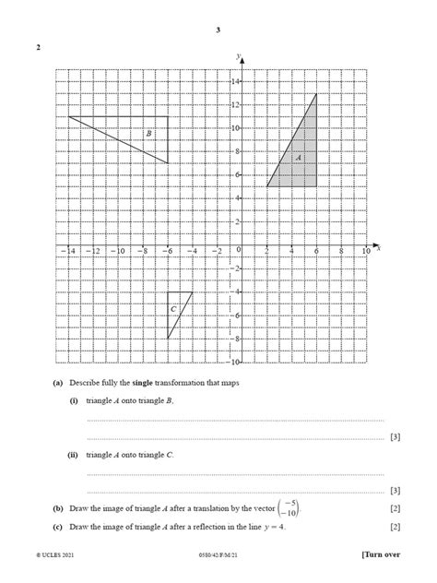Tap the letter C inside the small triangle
pyautogui.click(x=173, y=308)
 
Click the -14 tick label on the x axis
pyautogui.click(x=67, y=250)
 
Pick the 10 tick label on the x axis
pyautogui.click(x=366, y=250)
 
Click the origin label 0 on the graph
pyautogui.click(x=237, y=250)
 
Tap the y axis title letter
pyautogui.click(x=237, y=56)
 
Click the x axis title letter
pyautogui.click(x=378, y=247)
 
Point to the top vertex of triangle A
pyautogui.click(x=316, y=93)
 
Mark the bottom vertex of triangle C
pyautogui.click(x=168, y=339)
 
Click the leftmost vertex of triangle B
pyautogui.click(x=68, y=116)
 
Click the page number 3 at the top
pyautogui.click(x=218, y=30)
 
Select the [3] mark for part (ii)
pyautogui.click(x=396, y=491)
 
